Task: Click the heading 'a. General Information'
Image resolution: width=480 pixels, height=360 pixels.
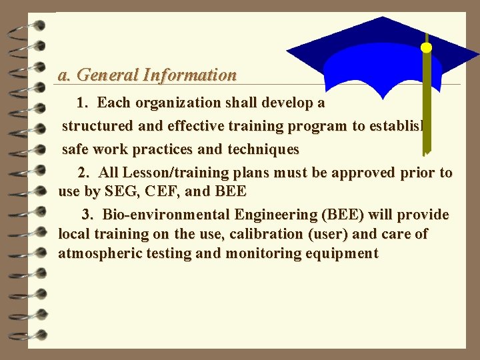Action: click(147, 75)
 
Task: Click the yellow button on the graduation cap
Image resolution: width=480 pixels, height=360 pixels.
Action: click(426, 47)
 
